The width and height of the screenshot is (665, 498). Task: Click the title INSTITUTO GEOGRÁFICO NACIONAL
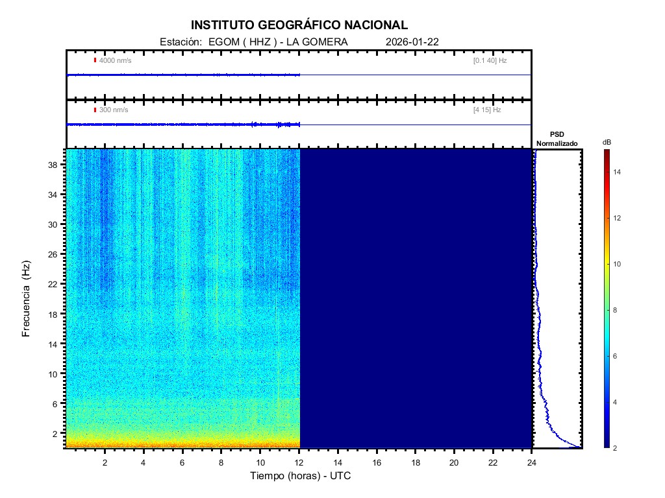click(299, 25)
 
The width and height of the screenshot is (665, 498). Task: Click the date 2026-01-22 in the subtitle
click(412, 42)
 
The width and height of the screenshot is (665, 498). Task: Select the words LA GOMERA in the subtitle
click(321, 42)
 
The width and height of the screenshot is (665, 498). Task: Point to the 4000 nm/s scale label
click(114, 60)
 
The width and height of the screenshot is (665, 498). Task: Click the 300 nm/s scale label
click(113, 110)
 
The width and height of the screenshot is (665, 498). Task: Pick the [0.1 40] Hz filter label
click(490, 60)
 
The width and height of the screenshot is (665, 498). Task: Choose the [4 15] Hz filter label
click(487, 110)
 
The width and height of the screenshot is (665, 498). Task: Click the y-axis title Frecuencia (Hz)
click(27, 299)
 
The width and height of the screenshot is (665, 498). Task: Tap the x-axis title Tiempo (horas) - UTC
click(301, 475)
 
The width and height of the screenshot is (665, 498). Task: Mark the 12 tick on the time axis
click(299, 462)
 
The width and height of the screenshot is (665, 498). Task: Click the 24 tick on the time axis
click(532, 462)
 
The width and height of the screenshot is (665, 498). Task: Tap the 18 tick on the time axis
click(416, 462)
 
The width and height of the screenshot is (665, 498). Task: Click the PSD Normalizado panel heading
click(557, 139)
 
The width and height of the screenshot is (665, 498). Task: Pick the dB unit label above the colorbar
click(607, 141)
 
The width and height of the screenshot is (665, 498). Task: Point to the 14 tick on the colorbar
click(619, 172)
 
